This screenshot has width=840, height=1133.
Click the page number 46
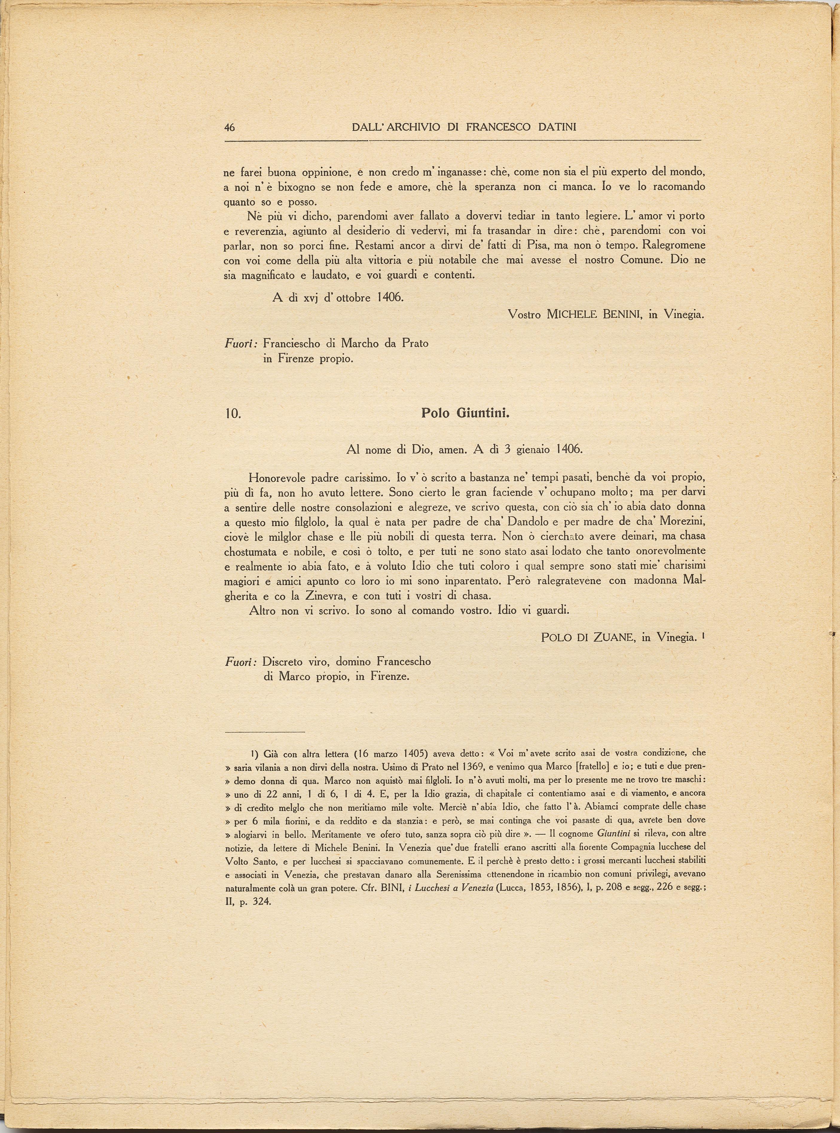pyautogui.click(x=229, y=128)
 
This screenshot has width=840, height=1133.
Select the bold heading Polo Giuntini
pyautogui.click(x=465, y=413)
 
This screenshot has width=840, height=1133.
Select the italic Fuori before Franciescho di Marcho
pyautogui.click(x=241, y=344)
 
